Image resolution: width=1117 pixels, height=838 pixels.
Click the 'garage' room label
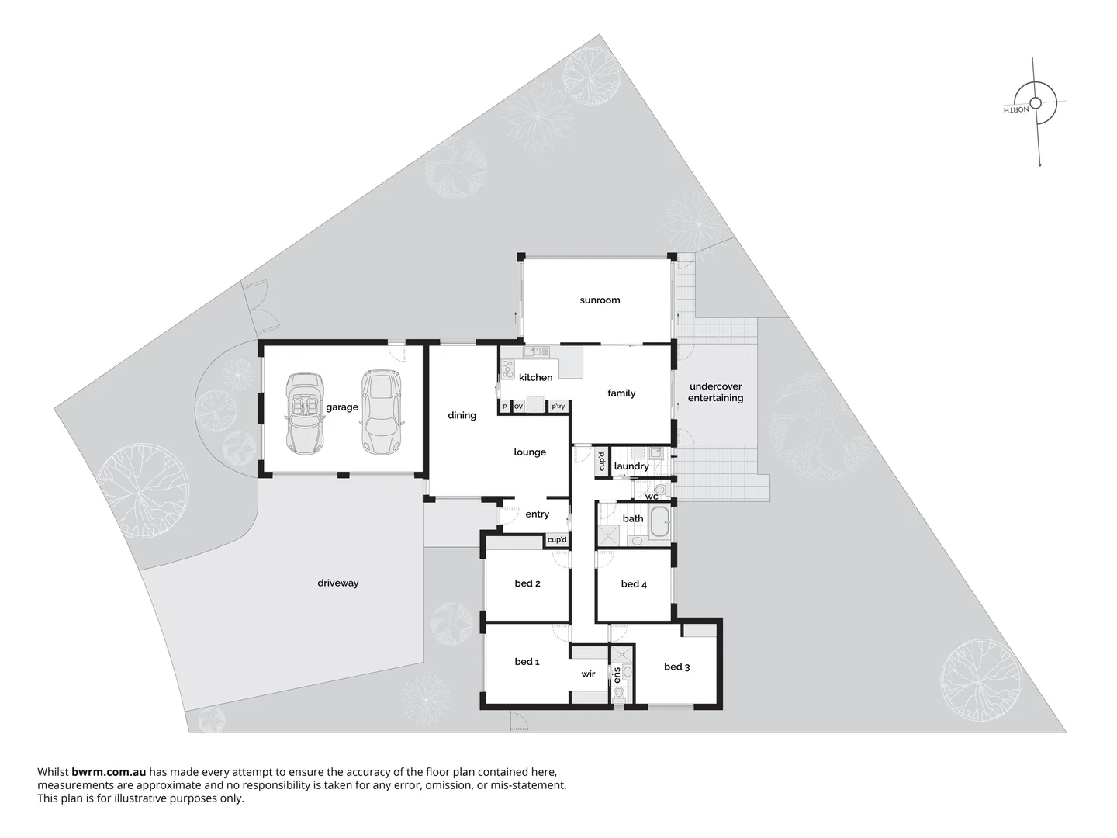click(342, 407)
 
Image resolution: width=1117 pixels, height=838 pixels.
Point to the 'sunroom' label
click(600, 300)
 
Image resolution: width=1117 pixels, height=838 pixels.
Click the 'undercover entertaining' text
click(715, 392)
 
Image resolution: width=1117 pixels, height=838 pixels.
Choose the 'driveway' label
click(338, 583)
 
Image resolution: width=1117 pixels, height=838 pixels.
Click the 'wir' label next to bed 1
click(588, 674)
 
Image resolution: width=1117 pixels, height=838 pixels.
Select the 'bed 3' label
click(676, 667)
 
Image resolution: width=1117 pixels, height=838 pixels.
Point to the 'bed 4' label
click(634, 584)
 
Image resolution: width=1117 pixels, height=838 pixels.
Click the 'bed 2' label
click(527, 583)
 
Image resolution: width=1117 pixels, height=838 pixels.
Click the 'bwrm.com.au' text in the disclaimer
click(109, 772)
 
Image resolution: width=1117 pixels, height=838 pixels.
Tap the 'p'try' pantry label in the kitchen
click(558, 407)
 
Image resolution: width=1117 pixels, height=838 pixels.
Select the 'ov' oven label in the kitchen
click(518, 407)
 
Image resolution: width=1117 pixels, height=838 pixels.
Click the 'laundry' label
click(631, 466)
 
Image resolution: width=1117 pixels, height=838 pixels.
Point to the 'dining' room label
click(462, 415)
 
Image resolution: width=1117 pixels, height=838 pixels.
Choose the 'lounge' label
click(530, 452)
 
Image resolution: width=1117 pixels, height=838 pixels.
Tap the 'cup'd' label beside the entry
click(557, 540)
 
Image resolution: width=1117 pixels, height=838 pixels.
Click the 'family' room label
click(621, 393)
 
